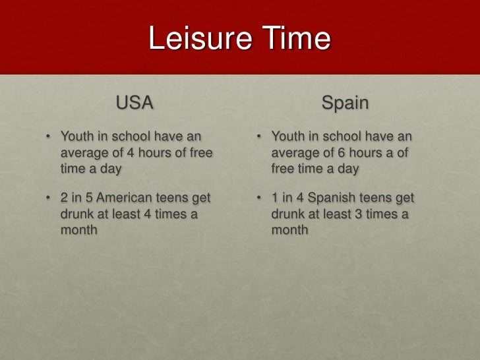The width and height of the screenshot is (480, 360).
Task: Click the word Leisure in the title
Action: click(196, 39)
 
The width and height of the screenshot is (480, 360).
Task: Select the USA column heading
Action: click(135, 103)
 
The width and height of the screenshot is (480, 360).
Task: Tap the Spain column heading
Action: click(345, 103)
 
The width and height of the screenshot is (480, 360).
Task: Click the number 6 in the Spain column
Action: click(342, 152)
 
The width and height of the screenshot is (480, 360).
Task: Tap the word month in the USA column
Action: click(79, 230)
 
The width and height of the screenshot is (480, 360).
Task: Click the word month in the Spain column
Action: click(289, 230)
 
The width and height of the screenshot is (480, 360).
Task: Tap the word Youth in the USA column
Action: click(76, 136)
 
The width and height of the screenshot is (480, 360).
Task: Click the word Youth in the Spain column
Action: click(287, 136)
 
